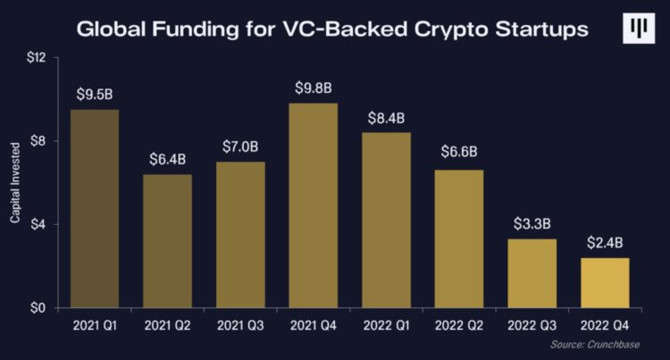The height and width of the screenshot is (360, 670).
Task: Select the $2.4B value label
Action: [605, 242]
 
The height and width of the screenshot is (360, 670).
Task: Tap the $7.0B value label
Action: [240, 147]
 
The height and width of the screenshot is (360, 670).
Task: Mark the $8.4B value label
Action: [387, 117]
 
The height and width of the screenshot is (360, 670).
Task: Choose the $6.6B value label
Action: [459, 154]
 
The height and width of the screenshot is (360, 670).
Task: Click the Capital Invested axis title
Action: [15, 183]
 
